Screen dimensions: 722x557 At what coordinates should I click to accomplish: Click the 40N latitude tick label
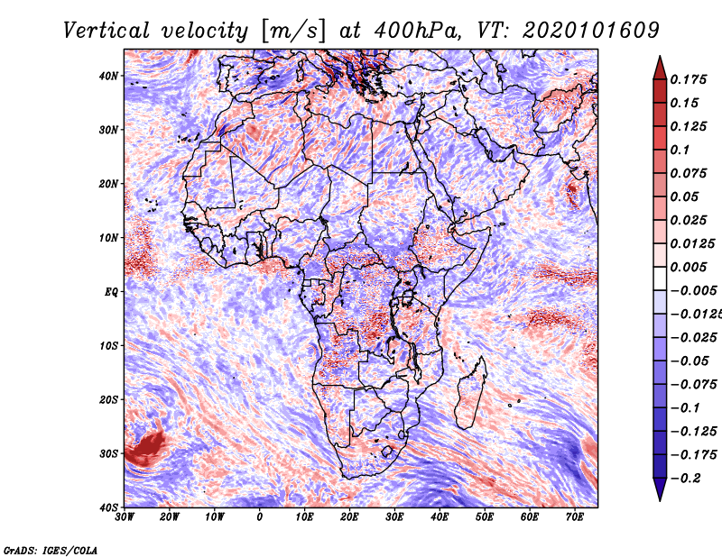point(108,76)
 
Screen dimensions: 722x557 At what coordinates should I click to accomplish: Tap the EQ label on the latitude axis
point(111,292)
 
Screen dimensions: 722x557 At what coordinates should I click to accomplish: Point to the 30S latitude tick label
point(108,454)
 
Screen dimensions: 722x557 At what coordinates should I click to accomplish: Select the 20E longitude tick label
point(349,517)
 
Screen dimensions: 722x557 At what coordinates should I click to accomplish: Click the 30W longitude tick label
point(125,517)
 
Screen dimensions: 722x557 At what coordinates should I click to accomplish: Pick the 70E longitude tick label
point(574,517)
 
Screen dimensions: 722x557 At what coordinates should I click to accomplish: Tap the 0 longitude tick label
point(260,517)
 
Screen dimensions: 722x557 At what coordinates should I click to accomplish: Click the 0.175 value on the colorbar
point(688,80)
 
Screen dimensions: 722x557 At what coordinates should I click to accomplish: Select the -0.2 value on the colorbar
point(685,479)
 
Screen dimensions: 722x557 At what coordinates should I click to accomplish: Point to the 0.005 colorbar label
point(688,267)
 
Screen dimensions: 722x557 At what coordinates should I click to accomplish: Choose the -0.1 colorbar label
point(685,408)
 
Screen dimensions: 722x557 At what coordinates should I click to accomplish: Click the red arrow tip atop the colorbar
point(660,57)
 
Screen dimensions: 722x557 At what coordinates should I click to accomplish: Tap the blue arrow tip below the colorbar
point(660,500)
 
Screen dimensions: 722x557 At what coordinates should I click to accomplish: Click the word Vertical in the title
point(106,32)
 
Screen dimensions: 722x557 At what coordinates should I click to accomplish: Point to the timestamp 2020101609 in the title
point(591,32)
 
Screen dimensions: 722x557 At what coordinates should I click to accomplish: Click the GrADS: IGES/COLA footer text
point(51,550)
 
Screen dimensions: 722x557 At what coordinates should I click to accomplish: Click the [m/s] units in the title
point(293,32)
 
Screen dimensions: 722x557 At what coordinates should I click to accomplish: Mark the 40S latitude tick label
point(108,507)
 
